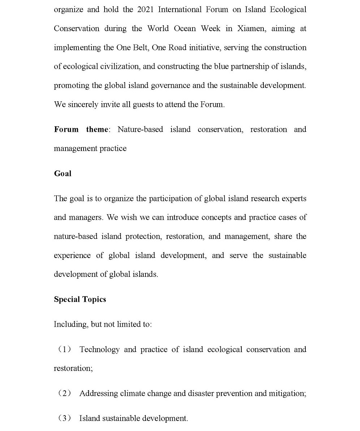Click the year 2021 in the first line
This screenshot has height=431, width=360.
pyautogui.click(x=145, y=10)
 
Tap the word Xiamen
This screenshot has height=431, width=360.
pyautogui.click(x=251, y=29)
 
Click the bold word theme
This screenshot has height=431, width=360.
pyautogui.click(x=97, y=130)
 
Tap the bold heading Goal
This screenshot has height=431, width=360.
pyautogui.click(x=63, y=174)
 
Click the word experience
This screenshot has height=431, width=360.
pyautogui.click(x=72, y=255)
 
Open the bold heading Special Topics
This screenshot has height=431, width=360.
pyautogui.click(x=80, y=300)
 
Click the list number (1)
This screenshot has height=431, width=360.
pyautogui.click(x=65, y=350)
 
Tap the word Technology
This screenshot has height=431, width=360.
pyautogui.click(x=99, y=350)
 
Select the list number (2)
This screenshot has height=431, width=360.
pyautogui.click(x=65, y=393)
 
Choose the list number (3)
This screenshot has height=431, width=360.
pyautogui.click(x=65, y=419)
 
